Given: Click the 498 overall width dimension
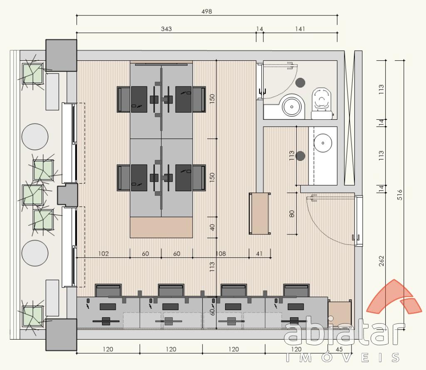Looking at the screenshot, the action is coord(206,11).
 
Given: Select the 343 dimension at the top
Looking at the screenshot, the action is coord(166,29).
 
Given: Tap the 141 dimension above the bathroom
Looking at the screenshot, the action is coord(300,29).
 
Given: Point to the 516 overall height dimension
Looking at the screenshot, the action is coord(400,195).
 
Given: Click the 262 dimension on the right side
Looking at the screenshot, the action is coord(381,261).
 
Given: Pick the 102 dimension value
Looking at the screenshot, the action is coord(103,254).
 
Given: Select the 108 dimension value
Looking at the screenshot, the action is coord(220,254).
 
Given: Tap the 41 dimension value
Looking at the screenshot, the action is coord(259,254).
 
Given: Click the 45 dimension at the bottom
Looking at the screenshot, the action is coord(339,349).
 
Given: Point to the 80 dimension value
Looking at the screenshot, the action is coord(292,214).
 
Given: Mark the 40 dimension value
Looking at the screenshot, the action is coord(212,227).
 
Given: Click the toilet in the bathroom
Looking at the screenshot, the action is coord(322,103).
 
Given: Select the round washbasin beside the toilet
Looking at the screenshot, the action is coord(292,107).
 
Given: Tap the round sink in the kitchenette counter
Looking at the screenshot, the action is coord(323,143).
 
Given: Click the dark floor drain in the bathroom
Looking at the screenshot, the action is coord(300,83).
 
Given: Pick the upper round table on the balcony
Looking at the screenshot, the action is coord(35,137).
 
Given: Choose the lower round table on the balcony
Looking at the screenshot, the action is coord(35,253).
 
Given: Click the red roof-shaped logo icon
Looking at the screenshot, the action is coord(394,297).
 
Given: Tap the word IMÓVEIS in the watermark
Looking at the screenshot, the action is coord(343,357).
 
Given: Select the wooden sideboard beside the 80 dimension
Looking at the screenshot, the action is coord(260,213).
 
